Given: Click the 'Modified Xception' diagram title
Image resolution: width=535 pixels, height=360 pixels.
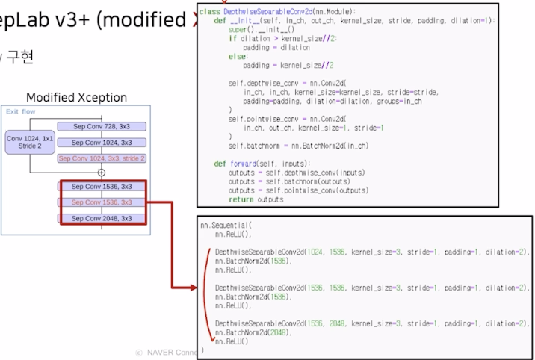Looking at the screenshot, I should pyautogui.click(x=76, y=98).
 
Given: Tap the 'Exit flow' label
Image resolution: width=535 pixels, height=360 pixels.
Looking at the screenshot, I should pyautogui.click(x=21, y=111).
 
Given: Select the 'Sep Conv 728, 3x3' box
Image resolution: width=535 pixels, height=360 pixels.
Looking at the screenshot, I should pyautogui.click(x=102, y=126).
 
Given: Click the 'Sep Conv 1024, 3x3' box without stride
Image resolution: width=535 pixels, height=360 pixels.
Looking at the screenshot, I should pyautogui.click(x=102, y=142).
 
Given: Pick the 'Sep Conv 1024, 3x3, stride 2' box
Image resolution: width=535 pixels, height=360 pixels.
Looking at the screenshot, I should pyautogui.click(x=102, y=158).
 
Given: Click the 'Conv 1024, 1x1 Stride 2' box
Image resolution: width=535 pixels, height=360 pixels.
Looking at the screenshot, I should pyautogui.click(x=31, y=142).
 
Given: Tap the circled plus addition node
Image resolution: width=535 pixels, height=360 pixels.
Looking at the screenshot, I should pyautogui.click(x=102, y=172).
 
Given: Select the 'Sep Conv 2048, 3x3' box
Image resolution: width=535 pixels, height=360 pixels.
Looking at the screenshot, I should pyautogui.click(x=102, y=218).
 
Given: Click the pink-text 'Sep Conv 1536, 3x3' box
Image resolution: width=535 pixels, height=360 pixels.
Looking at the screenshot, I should pyautogui.click(x=102, y=202).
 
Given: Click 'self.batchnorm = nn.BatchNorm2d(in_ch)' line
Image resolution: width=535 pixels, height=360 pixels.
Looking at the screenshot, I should pyautogui.click(x=298, y=146).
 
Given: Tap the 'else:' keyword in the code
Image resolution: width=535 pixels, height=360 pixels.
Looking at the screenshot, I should pyautogui.click(x=238, y=56).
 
